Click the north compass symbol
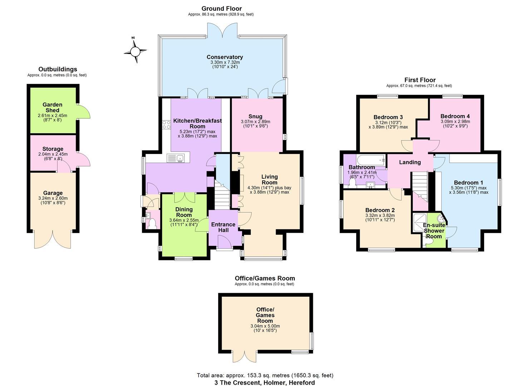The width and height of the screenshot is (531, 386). coord(135,51)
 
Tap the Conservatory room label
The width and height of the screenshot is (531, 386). coord(225,57)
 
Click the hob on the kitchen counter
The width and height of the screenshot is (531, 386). coord(167,124)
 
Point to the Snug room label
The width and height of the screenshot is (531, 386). coord(255,117)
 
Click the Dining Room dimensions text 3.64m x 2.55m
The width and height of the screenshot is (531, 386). coord(184,220)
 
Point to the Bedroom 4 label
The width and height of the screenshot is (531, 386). coord(455,116)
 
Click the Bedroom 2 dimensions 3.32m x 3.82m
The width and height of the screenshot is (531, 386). coord(380,216)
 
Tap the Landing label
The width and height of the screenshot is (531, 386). coord(410,162)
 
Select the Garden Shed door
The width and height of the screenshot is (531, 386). coord(83,112)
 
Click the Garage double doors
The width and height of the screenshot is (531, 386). coord(53,239)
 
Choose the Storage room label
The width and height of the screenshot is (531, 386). coord(53,149)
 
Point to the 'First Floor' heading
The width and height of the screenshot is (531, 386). coord(420,80)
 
